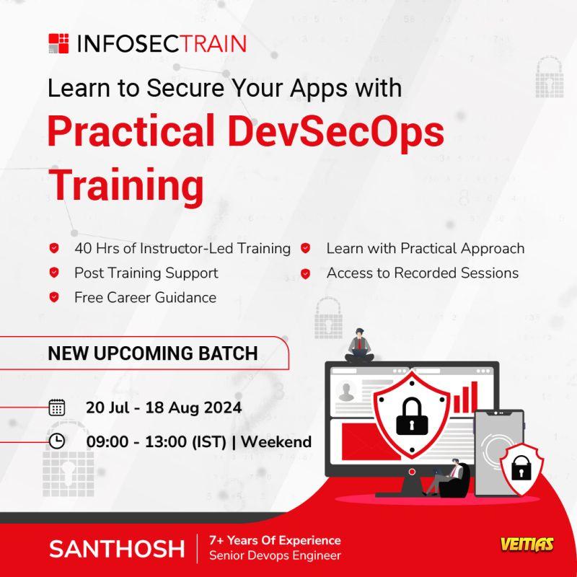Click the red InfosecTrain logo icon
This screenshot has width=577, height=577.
coord(58,43)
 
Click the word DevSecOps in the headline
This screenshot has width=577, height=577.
coord(336,131)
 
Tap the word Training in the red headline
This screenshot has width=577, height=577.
coord(125,185)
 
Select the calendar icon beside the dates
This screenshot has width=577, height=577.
coord(57,408)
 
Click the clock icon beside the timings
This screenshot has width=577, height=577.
coord(57,441)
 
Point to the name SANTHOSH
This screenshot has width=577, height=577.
coord(117,549)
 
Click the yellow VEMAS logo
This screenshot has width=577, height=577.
coord(527,545)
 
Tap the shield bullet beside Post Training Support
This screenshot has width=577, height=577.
coord(54,273)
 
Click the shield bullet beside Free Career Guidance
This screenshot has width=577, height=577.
coord(54,297)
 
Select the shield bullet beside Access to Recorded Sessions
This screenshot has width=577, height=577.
coord(305,273)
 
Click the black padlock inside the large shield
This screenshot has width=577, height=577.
coord(412,416)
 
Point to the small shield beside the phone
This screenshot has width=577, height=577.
coord(521,470)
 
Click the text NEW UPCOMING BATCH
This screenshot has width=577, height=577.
coord(153,353)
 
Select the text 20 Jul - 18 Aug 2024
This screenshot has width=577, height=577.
coord(164,408)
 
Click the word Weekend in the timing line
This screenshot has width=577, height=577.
coord(276,441)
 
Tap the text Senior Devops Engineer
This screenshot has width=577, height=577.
coord(275,555)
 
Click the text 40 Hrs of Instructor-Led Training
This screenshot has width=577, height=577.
coord(182,248)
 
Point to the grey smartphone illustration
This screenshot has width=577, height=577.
coord(499,453)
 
